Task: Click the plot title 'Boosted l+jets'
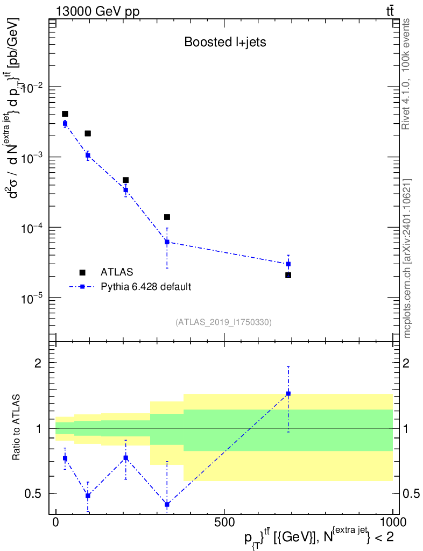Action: coord(225,43)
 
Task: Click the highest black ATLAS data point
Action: coord(65,114)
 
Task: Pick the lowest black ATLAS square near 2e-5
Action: coord(288,275)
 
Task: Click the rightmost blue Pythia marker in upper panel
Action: coord(288,264)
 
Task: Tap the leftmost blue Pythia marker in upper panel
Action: coord(65,124)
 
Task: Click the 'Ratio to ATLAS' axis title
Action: coord(18,428)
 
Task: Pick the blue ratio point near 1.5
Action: coord(288,393)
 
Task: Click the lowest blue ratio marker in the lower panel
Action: coord(167,504)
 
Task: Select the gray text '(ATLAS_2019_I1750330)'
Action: coord(223,322)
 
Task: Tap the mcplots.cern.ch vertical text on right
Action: coord(407,258)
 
